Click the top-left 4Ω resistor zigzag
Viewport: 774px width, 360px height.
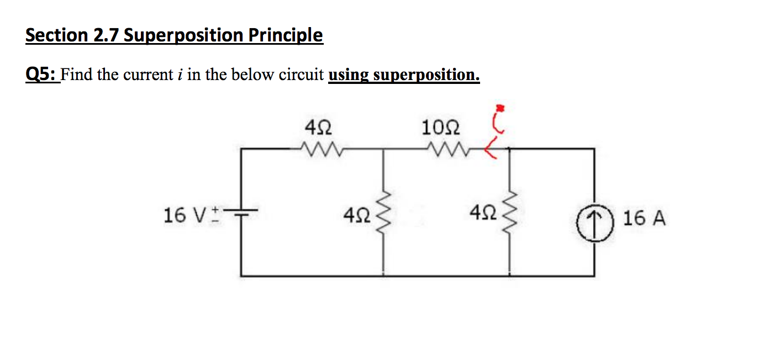pos(319,148)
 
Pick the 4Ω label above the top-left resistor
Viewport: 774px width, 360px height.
pos(318,129)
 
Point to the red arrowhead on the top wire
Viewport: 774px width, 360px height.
pos(489,149)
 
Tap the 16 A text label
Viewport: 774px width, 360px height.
pos(644,219)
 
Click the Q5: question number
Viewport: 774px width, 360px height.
pos(41,74)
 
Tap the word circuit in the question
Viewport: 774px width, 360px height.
pos(302,75)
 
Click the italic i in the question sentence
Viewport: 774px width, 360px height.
pos(180,75)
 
